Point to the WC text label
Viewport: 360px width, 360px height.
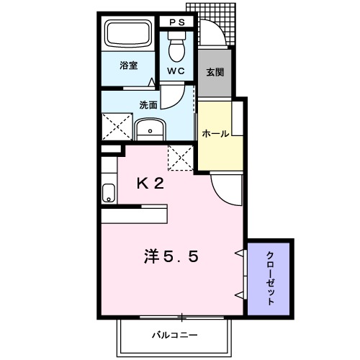tap(176, 72)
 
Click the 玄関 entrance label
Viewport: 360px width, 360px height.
tap(214, 72)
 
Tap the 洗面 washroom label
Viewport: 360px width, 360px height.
tap(148, 104)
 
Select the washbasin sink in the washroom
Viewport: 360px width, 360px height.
tap(150, 130)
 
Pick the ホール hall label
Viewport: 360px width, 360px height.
tap(216, 134)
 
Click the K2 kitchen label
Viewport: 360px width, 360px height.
tap(151, 183)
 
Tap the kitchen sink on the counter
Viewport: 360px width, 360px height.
tap(109, 194)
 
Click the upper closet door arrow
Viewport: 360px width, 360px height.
tap(238, 252)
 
